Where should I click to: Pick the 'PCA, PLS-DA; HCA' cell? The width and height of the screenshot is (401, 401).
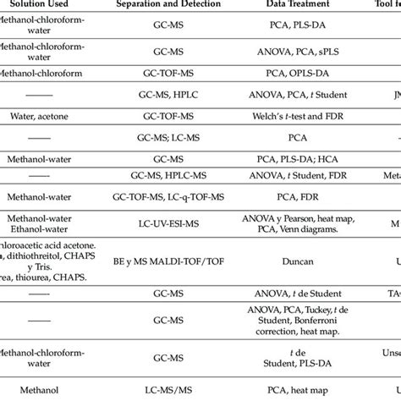tap(296, 157)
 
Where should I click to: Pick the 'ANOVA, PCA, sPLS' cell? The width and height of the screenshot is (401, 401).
tap(296, 55)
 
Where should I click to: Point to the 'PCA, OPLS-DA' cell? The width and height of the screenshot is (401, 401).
tap(296, 74)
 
